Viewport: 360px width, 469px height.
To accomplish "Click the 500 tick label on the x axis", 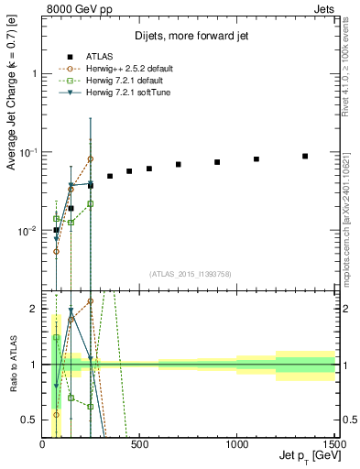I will tap(140, 444).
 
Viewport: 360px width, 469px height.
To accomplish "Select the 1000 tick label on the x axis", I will tap(236, 444).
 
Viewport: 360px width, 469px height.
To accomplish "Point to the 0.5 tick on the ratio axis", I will tap(30, 420).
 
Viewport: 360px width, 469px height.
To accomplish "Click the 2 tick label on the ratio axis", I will tap(35, 309).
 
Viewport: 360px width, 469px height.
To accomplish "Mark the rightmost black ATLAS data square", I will tap(305, 156).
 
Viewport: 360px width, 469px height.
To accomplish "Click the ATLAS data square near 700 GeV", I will tap(179, 165).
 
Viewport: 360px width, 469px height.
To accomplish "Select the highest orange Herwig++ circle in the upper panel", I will tap(90, 158).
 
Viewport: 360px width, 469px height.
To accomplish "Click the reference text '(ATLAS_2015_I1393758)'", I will tap(190, 273).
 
